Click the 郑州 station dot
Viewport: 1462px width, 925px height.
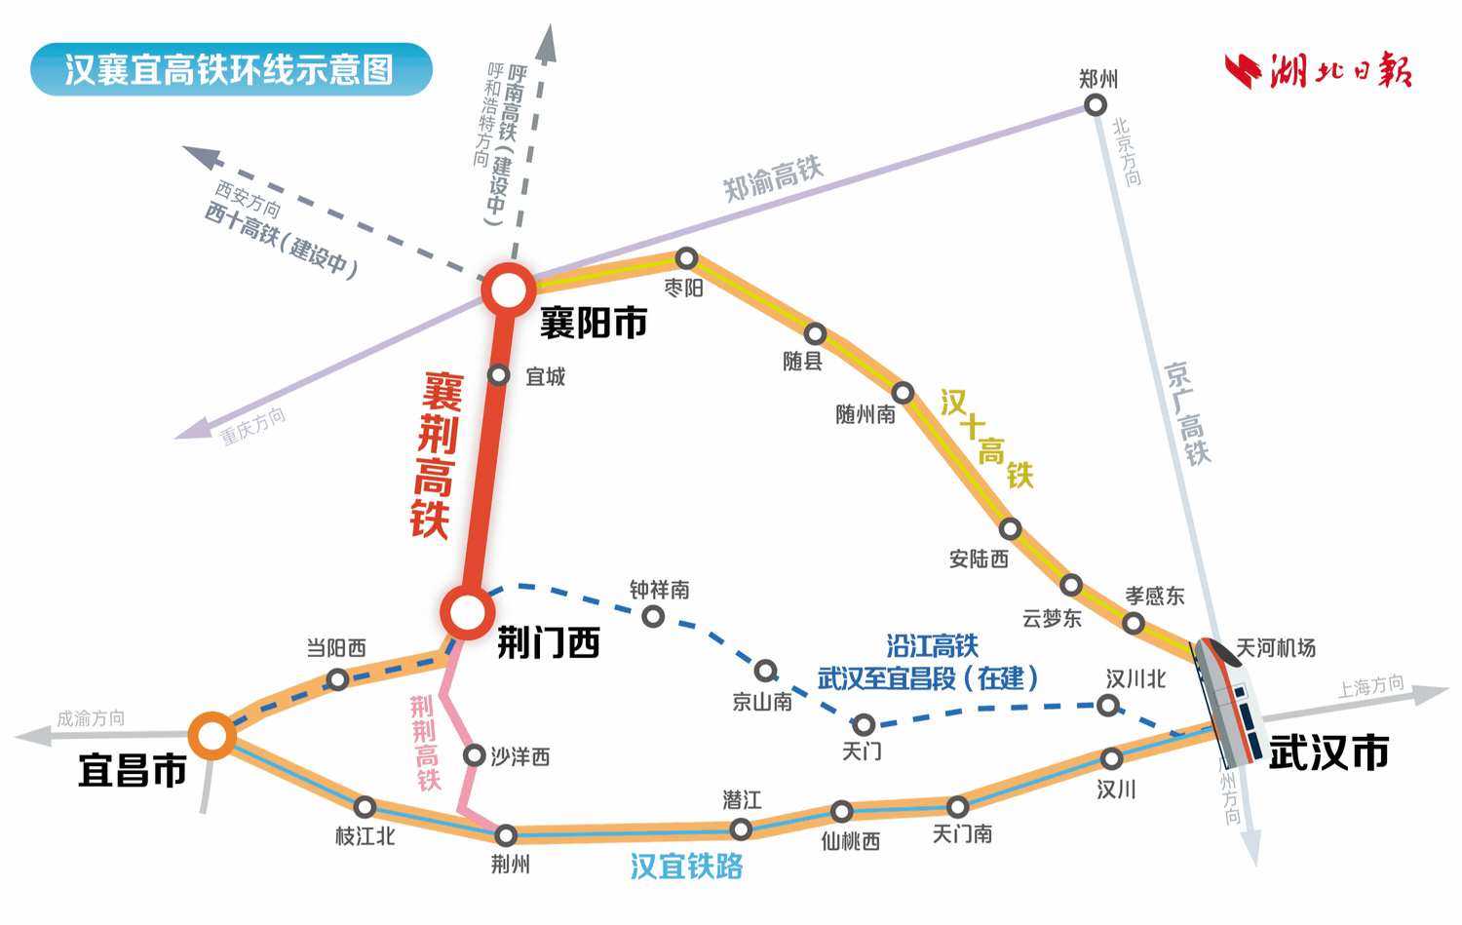[x=1096, y=104]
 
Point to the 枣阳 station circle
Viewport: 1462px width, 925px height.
[x=686, y=258]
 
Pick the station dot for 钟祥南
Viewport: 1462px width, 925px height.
[x=653, y=616]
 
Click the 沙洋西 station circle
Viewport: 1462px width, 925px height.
[x=475, y=755]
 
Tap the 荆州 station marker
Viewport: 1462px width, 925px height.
[x=506, y=835]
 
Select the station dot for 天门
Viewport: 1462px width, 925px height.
[x=864, y=724]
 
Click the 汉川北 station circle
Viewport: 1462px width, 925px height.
[x=1107, y=705]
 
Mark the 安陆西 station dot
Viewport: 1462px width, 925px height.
[x=1010, y=528]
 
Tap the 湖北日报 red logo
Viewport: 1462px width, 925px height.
[x=1318, y=70]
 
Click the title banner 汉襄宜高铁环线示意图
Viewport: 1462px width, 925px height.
[x=231, y=69]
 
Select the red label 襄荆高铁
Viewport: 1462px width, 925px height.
[x=436, y=455]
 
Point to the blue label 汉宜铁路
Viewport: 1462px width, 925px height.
[x=686, y=867]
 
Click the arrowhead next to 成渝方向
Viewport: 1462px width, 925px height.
[x=32, y=736]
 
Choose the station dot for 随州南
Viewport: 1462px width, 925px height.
[x=903, y=393]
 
